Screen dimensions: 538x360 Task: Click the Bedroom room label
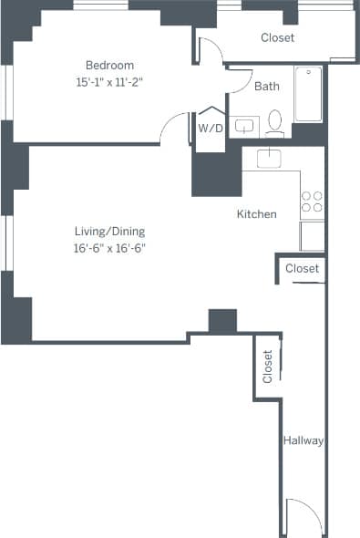[x=109, y=65]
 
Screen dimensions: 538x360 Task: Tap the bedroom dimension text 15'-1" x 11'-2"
[x=109, y=81]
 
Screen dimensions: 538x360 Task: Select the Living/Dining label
[x=109, y=231]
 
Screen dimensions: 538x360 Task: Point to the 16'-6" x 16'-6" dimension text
[x=109, y=247]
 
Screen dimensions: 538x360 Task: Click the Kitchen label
[x=256, y=214]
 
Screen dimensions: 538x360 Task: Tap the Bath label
[x=267, y=87]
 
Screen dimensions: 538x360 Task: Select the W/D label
[x=211, y=128]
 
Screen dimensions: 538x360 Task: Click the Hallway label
[x=303, y=440]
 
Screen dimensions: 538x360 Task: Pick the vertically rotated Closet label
[x=268, y=366]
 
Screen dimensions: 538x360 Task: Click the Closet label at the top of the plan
[x=277, y=37]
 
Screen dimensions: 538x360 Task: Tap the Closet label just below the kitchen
[x=302, y=268]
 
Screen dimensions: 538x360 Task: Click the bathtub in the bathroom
[x=308, y=94]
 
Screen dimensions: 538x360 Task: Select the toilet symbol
[x=275, y=122]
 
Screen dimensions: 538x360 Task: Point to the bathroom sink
[x=244, y=126]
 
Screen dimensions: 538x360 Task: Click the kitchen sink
[x=270, y=158]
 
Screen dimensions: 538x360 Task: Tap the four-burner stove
[x=312, y=202]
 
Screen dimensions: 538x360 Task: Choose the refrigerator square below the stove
[x=312, y=235]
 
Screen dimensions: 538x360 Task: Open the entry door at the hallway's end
[x=303, y=516]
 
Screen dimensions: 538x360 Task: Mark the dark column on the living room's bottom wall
[x=222, y=321]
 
